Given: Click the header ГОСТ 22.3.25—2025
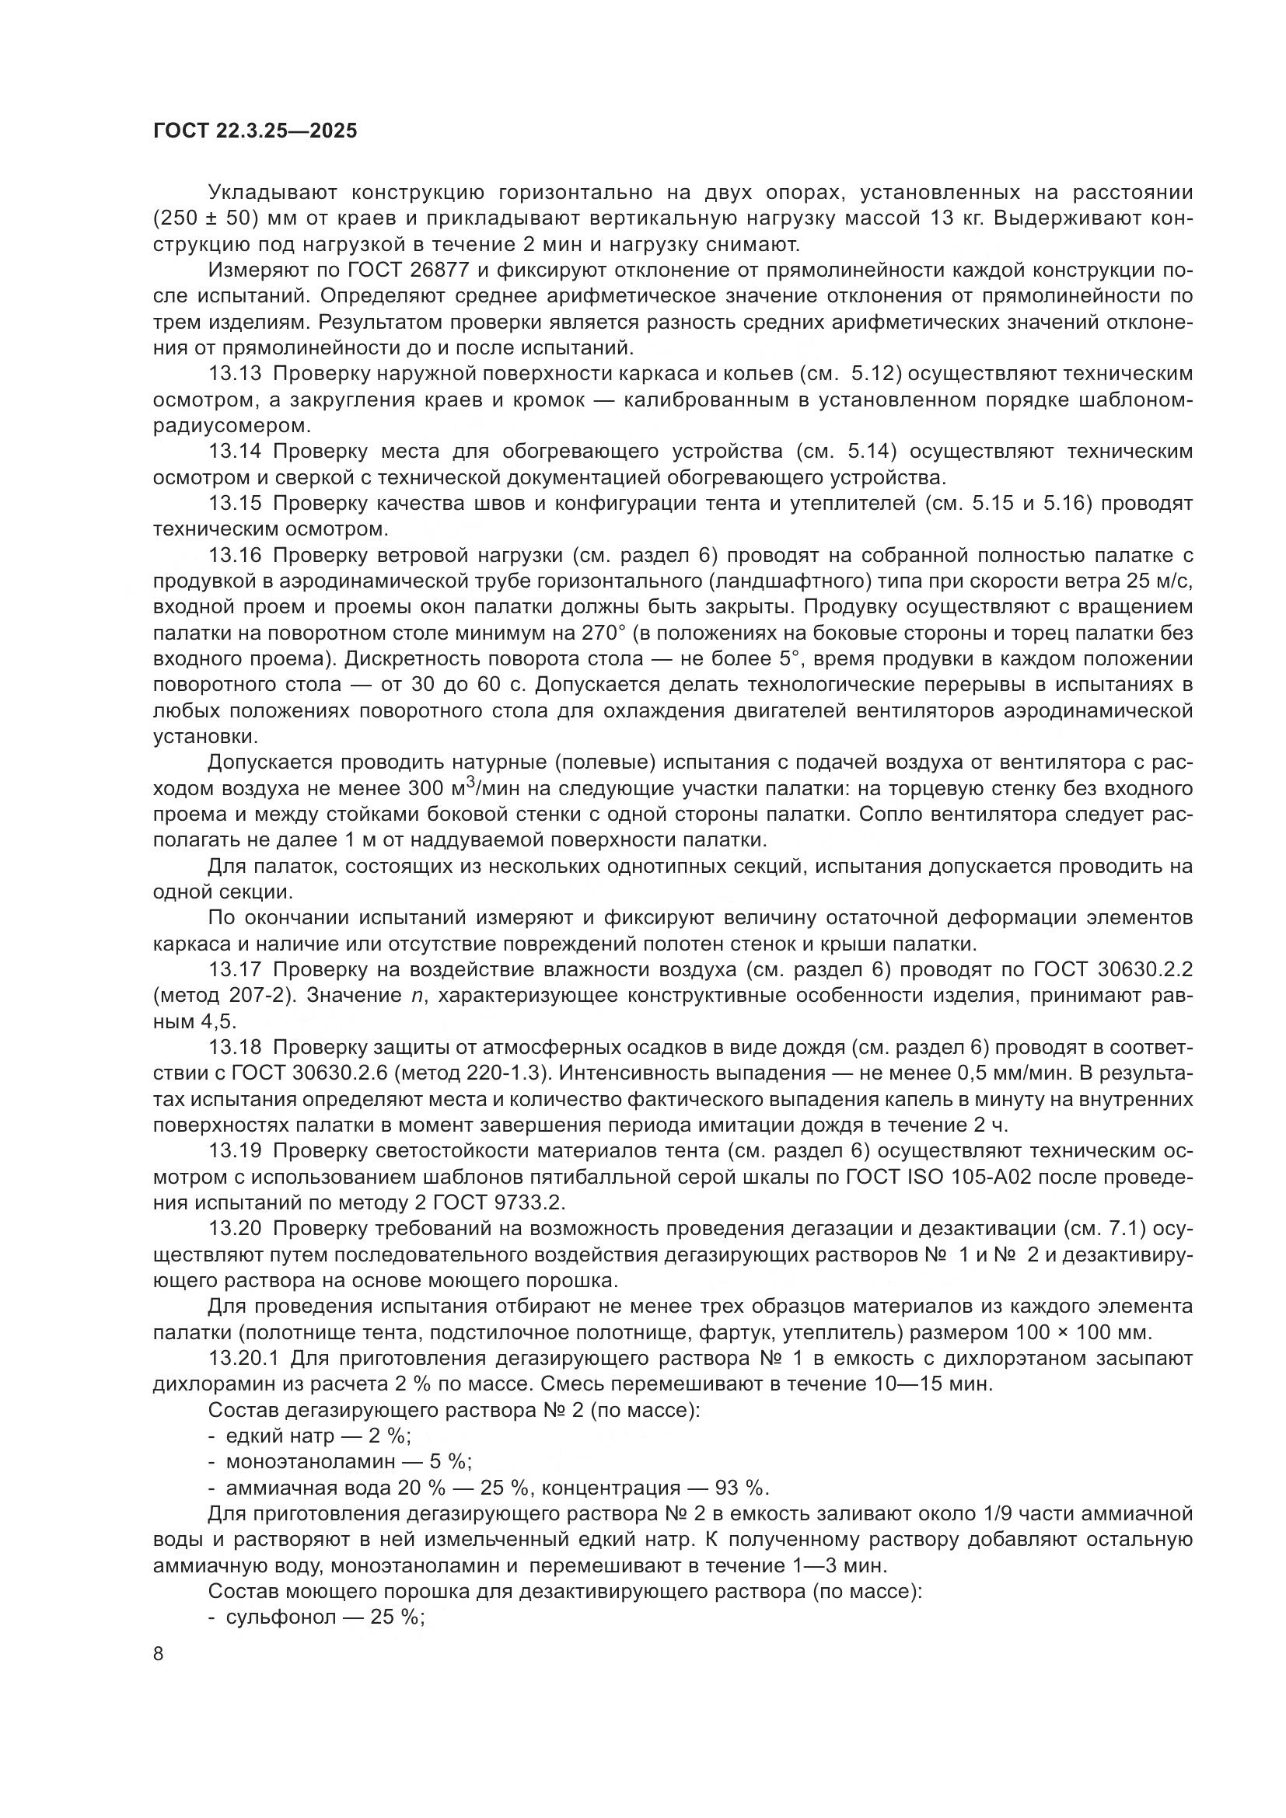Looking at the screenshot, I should (255, 131).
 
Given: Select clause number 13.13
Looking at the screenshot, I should (234, 374).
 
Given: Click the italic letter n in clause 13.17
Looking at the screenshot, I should (418, 996).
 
